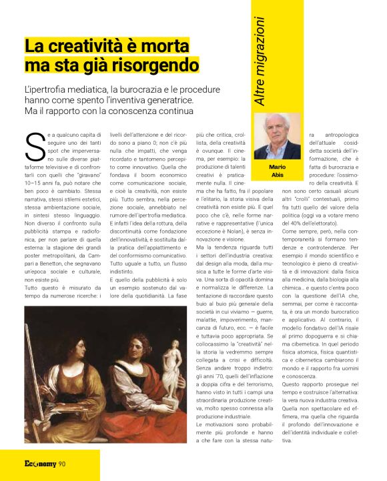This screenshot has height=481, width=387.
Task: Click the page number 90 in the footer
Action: point(61,464)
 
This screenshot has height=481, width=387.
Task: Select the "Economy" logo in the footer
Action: point(39,464)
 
